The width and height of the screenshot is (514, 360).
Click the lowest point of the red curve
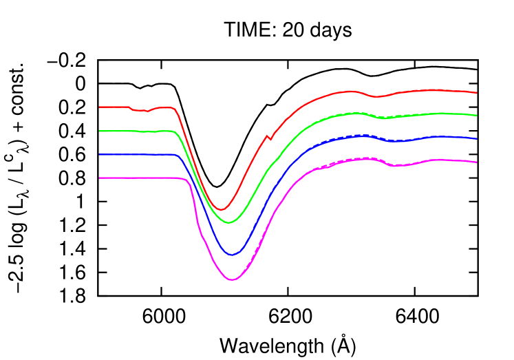tap(221, 209)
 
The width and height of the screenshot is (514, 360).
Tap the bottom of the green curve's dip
tap(230, 223)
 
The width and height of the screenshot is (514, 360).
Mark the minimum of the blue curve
tap(232, 255)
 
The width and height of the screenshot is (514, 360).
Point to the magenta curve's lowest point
tap(233, 280)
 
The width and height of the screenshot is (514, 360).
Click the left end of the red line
tap(100, 107)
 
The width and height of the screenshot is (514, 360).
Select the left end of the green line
tap(100, 131)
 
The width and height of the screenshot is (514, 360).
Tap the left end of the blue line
tap(100, 154)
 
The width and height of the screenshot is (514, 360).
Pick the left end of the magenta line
tap(100, 178)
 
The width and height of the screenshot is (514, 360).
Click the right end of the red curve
tap(477, 92)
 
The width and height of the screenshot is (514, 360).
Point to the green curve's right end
tap(477, 115)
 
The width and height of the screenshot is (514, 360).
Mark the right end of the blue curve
tap(477, 139)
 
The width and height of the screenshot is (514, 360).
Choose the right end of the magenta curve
tap(477, 162)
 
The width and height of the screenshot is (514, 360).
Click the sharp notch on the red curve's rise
tap(270, 140)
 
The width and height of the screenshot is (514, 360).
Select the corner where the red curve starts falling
tap(175, 109)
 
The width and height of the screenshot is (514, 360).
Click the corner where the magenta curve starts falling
tap(186, 179)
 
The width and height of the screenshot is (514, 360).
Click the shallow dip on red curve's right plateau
tap(376, 96)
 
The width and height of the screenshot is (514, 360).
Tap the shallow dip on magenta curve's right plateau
tap(398, 166)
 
